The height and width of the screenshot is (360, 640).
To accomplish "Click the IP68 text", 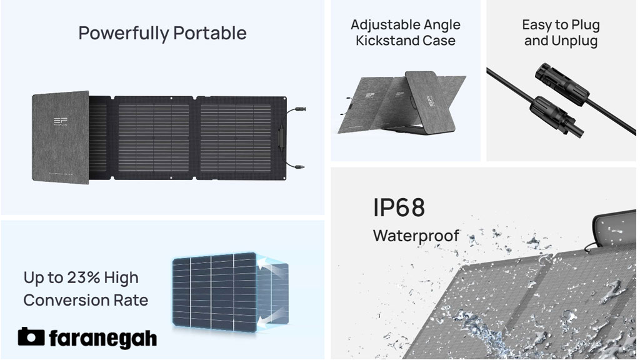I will pyautogui.click(x=399, y=207).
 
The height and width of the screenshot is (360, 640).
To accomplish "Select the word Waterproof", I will pyautogui.click(x=416, y=236).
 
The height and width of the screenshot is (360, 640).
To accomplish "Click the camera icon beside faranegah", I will pyautogui.click(x=31, y=337).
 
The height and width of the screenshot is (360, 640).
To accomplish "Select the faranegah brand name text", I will pyautogui.click(x=102, y=338).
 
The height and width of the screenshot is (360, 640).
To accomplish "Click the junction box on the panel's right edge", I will pyautogui.click(x=281, y=138).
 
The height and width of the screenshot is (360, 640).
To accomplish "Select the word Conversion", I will pyautogui.click(x=60, y=301).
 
